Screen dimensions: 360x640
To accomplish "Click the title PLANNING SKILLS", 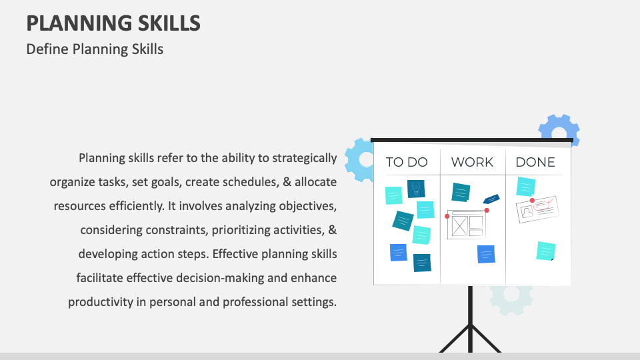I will point(113,23).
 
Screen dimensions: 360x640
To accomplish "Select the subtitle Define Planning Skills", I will point(95,49).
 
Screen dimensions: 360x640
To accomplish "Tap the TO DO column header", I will point(407,162).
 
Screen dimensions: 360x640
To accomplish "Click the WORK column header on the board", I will point(472,162).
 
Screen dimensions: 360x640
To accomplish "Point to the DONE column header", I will point(535,162).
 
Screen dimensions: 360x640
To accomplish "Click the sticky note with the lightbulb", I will point(417,189).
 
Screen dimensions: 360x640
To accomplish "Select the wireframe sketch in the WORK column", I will point(465,224).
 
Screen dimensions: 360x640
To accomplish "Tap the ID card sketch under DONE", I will point(537,209).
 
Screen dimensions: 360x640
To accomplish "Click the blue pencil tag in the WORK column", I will point(491,199).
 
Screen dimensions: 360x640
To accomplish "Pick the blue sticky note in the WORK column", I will point(486,254).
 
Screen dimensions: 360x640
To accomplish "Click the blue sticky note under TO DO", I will point(398,253).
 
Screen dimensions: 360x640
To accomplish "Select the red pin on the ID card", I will point(531,200).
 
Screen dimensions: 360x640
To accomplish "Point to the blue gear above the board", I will point(558,128).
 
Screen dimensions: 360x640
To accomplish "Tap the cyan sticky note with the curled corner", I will point(545,251).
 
